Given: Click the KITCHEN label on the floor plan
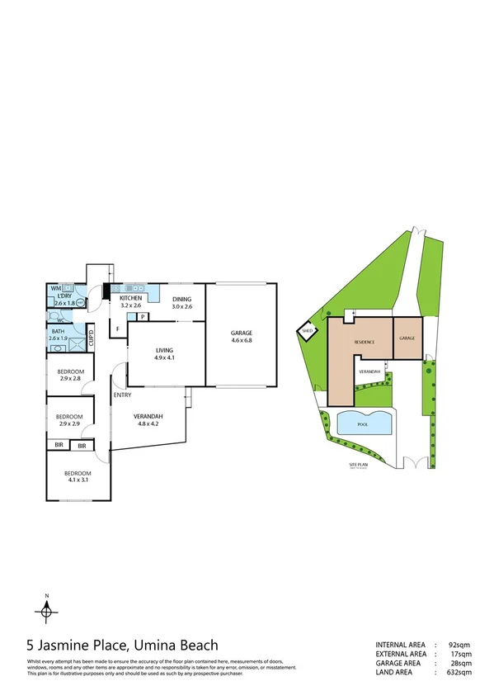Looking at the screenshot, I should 132,298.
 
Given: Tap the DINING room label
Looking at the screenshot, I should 181,299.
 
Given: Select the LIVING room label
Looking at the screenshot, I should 164,350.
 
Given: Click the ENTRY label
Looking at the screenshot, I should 123,395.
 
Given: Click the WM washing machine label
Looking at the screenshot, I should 55,288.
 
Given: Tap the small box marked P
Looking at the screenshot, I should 143,316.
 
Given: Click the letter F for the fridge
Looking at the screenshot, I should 119,330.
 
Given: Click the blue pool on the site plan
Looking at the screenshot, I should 363,423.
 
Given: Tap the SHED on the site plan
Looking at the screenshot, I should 308,332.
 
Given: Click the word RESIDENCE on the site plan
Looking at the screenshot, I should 365,341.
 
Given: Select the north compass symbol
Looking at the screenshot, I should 48,609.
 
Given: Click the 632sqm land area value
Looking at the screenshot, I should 459,672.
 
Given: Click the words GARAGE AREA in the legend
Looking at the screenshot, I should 399,663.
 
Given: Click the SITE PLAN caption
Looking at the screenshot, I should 361,466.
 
